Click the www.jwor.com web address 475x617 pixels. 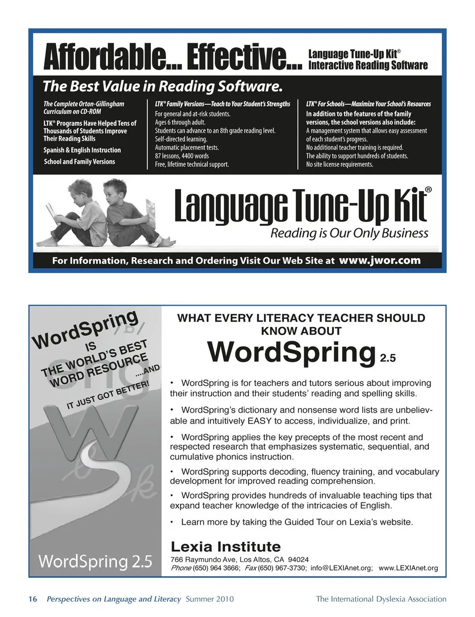pos(380,260)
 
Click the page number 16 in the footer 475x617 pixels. pos(33,599)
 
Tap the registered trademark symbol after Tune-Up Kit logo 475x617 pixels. pos(428,190)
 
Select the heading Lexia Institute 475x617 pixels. pos(226,547)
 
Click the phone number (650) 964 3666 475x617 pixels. pos(216,568)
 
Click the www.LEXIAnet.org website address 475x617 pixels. pos(408,568)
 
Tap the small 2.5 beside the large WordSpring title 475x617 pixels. pos(388,358)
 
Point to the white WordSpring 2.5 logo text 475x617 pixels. pos(95,561)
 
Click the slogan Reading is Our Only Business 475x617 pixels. pos(349,233)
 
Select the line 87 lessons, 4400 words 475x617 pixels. pos(182,156)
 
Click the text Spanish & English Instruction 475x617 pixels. pos(82,150)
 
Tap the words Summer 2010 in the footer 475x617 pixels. pos(210,599)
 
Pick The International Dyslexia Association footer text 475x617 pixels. pos(381,599)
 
